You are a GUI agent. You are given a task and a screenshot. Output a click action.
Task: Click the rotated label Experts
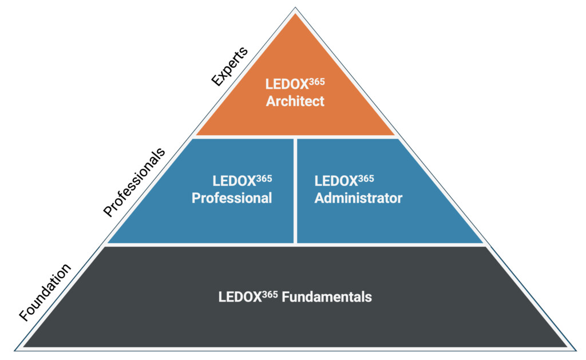pyautogui.click(x=229, y=66)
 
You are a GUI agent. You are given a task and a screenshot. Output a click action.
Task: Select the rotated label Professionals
pyautogui.click(x=134, y=182)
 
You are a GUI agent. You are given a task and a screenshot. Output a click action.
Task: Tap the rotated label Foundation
pyautogui.click(x=45, y=292)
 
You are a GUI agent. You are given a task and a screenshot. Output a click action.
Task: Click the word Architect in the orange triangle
pyautogui.click(x=295, y=101)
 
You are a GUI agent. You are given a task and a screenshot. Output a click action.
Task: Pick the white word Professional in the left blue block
pyautogui.click(x=232, y=198)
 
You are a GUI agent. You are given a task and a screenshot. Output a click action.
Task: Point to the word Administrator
pyautogui.click(x=358, y=198)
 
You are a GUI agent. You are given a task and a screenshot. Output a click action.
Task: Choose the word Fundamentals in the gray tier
pyautogui.click(x=332, y=297)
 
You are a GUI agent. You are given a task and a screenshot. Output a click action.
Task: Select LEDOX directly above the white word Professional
pyautogui.click(x=234, y=181)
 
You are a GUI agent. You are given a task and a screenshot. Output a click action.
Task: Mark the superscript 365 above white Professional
pyautogui.click(x=264, y=179)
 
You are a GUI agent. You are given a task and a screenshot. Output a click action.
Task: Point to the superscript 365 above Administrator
pyautogui.click(x=366, y=179)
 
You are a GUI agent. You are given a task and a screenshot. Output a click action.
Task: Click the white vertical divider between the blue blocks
pyautogui.click(x=295, y=191)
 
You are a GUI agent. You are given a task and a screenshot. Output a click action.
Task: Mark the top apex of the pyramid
pyautogui.click(x=295, y=8)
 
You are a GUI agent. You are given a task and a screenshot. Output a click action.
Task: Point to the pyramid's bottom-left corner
pyautogui.click(x=16, y=348)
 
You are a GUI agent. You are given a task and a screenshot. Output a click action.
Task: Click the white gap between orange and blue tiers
pyautogui.click(x=295, y=137)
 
